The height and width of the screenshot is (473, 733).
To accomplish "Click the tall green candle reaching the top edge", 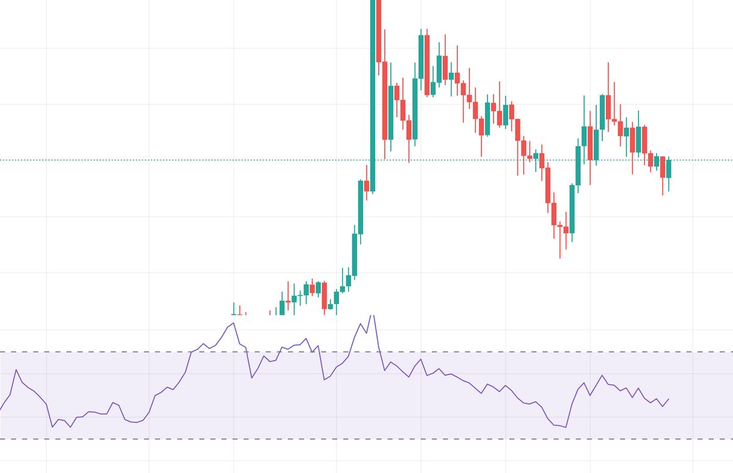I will (373, 92).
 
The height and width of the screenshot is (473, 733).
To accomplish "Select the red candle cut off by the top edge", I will (379, 31).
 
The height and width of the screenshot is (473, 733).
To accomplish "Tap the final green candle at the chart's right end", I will (669, 168).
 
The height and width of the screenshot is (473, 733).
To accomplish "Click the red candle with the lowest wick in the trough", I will (560, 226).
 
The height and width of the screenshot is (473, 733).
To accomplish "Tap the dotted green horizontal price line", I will (183, 160).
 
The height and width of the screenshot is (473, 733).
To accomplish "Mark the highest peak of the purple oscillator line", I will (373, 316).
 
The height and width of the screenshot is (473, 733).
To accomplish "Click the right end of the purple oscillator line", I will (669, 399).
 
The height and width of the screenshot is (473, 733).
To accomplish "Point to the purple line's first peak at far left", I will (16, 370).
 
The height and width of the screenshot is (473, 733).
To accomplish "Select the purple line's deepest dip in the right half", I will (566, 427).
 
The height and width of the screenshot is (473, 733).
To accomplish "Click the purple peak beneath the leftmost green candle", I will (233, 323).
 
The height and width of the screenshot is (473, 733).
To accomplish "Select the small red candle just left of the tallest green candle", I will (366, 186).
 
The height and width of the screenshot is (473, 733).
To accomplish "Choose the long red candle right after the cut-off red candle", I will (385, 101).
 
